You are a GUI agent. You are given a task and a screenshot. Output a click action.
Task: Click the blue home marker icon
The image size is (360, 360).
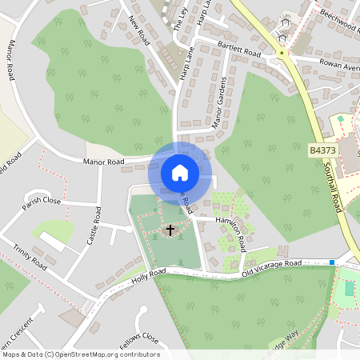click(x=179, y=173)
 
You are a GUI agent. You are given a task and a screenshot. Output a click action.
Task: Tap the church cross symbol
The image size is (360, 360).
click(x=170, y=231)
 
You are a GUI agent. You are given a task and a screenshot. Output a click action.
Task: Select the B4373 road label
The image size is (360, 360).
click(x=322, y=148)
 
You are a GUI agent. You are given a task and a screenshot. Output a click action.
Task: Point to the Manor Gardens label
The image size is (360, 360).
click(x=218, y=103)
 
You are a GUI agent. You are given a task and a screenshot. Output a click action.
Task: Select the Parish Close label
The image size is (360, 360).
click(x=42, y=200)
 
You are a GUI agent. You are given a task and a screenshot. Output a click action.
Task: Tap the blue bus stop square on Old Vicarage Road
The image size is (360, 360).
click(x=331, y=262)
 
